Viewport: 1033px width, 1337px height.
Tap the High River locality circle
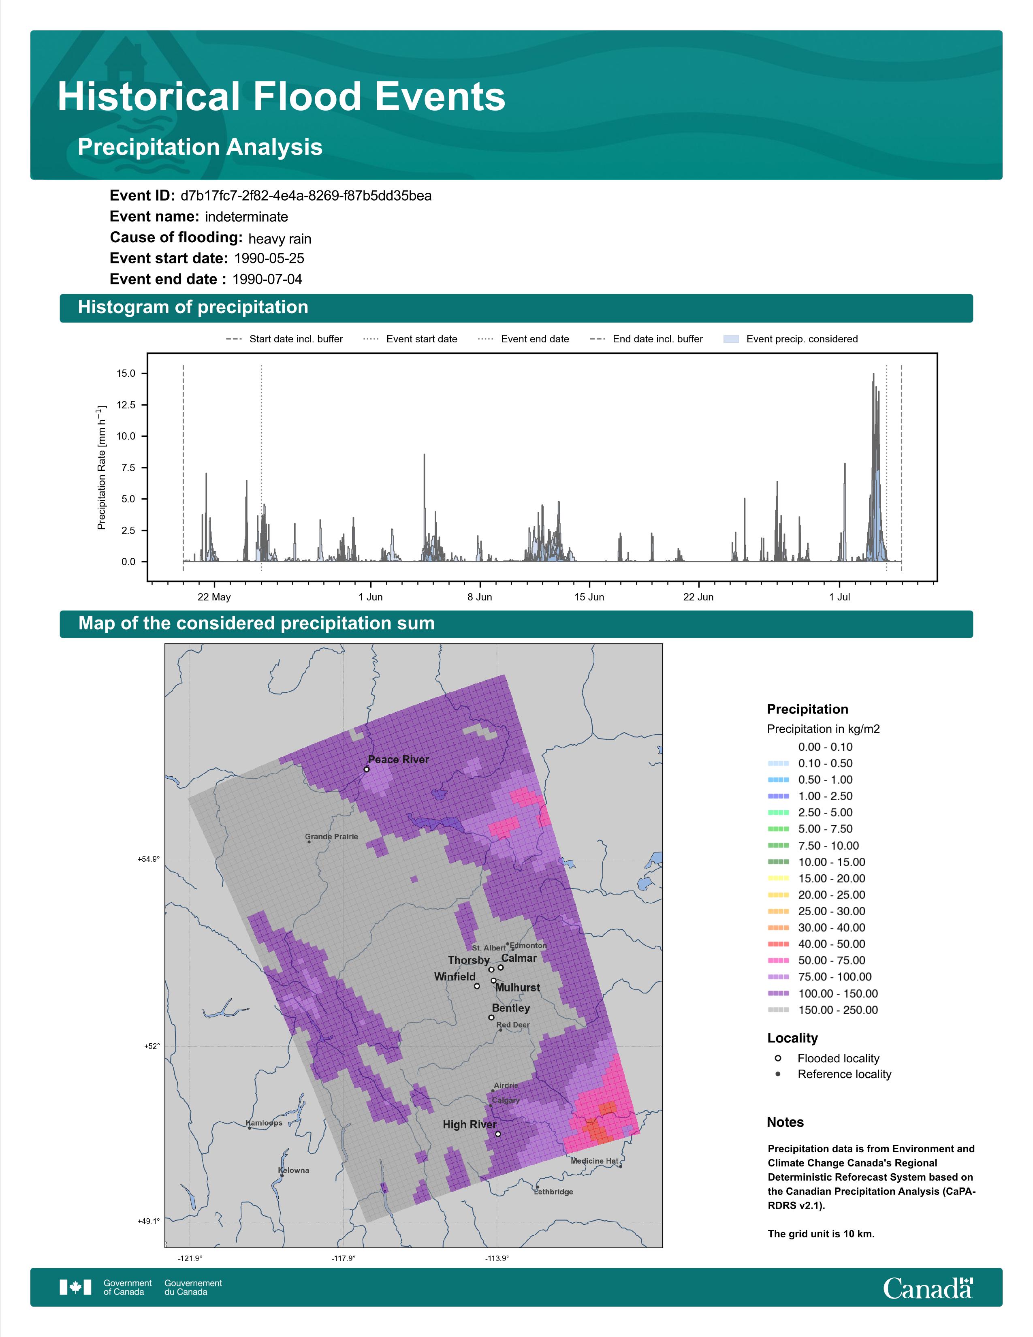point(498,1134)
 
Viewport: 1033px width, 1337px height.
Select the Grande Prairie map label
point(332,836)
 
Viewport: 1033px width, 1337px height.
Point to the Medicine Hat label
point(594,1161)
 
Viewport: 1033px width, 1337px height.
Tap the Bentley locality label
point(511,1008)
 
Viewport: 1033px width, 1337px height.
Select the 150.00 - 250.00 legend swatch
point(778,1010)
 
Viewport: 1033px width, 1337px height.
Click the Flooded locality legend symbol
point(778,1058)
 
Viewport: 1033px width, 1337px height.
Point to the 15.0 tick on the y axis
point(126,374)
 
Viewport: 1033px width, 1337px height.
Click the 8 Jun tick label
point(479,597)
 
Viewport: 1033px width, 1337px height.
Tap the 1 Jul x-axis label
point(840,597)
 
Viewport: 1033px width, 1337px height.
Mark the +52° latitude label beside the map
point(152,1046)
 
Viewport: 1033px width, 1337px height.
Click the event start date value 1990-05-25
point(269,258)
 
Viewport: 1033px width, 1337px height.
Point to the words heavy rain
point(280,239)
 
